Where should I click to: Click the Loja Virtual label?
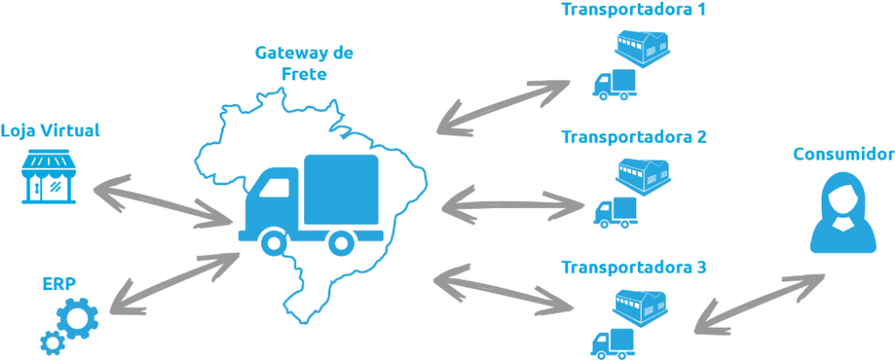pos(50,131)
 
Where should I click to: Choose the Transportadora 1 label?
pos(634,10)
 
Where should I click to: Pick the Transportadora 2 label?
pos(634,137)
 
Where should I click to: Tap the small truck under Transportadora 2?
pos(615,211)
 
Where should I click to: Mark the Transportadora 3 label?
pos(634,267)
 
